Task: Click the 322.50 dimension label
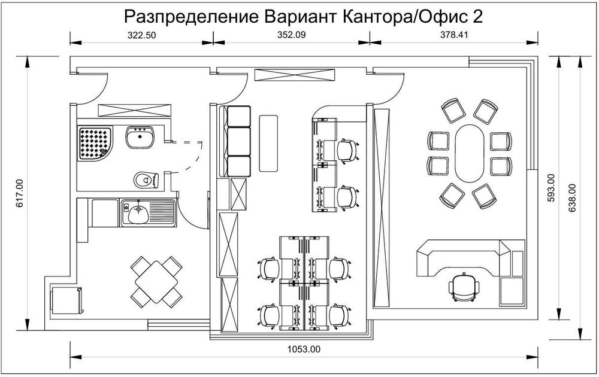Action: point(142,35)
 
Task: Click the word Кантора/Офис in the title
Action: point(402,16)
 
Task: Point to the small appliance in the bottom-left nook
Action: point(65,299)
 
